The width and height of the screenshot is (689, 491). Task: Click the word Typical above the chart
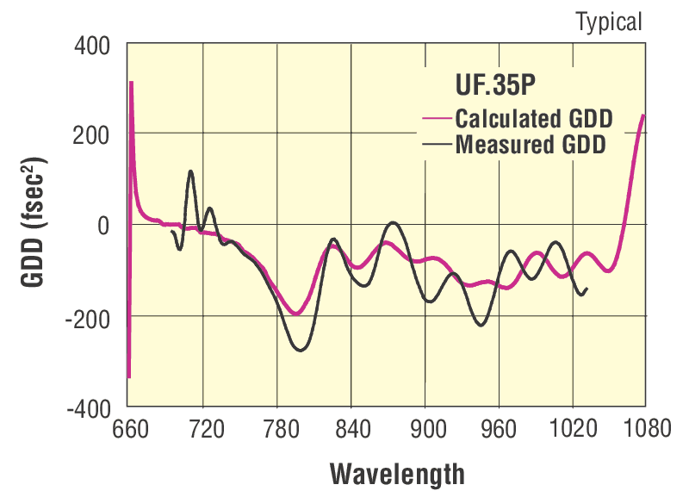pos(609,22)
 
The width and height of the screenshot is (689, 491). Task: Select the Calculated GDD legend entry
pos(529,117)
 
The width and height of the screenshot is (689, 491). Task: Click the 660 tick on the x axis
pos(129,428)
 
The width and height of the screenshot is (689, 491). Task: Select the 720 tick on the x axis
pos(202,428)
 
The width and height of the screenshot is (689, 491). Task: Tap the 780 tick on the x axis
pos(276,428)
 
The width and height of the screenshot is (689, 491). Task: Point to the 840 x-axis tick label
pos(351,428)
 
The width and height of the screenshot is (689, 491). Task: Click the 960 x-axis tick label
pos(498,428)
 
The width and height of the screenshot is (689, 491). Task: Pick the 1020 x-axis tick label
pos(570,428)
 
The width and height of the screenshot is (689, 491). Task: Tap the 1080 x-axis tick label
pos(644,428)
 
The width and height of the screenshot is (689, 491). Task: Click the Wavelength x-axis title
pos(397,472)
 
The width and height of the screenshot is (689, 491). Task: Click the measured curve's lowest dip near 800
pos(300,350)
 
